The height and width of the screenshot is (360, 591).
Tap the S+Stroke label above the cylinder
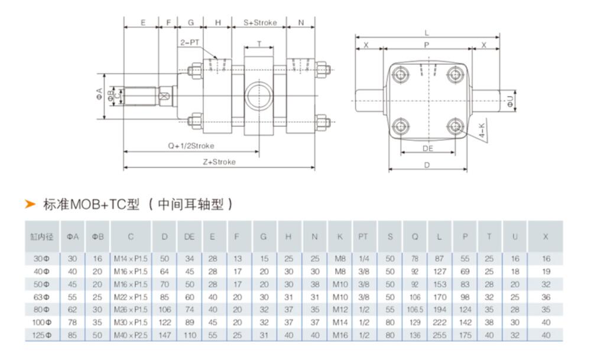pyautogui.click(x=261, y=22)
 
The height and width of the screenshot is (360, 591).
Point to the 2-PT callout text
pyautogui.click(x=189, y=43)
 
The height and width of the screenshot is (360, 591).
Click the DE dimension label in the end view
pyautogui.click(x=428, y=148)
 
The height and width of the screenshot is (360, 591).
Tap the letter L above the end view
pyautogui.click(x=427, y=33)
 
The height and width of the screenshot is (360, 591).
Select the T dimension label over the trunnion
pyautogui.click(x=259, y=43)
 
